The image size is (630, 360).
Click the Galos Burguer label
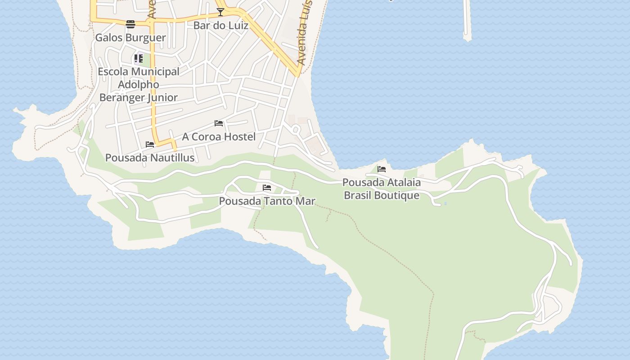130,37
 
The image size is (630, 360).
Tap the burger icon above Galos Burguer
130,24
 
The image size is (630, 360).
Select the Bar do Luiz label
220,25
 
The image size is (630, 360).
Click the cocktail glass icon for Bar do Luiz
220,12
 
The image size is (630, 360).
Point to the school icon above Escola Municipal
139,58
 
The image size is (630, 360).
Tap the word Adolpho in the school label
139,84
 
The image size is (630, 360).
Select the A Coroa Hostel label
219,136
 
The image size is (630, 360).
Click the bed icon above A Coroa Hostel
219,123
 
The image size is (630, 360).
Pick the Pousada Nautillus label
150,157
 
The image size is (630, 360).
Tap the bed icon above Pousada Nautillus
150,144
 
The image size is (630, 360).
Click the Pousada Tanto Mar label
267,201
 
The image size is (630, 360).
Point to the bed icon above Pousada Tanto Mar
267,188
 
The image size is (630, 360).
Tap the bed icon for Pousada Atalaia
382,169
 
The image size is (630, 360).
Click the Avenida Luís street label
305,34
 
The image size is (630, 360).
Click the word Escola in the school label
113,72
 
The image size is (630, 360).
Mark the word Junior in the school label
161,97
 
